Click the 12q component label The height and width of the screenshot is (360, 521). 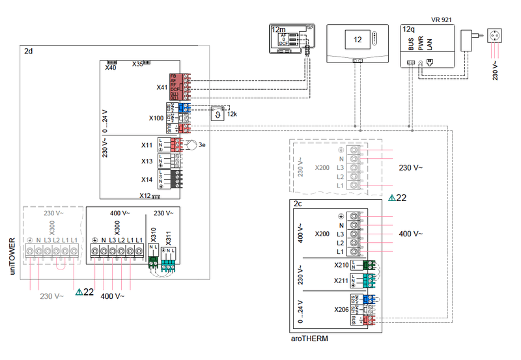tap(409, 30)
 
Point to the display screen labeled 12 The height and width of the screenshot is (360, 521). tap(357, 39)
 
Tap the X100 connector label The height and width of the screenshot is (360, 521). tap(156, 118)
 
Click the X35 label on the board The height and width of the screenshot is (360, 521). tap(137, 64)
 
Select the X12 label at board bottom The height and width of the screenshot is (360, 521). tap(145, 195)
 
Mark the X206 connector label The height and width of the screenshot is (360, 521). tap(341, 309)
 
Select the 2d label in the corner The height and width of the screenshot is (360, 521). tap(28, 51)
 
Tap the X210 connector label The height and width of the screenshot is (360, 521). tap(341, 265)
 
